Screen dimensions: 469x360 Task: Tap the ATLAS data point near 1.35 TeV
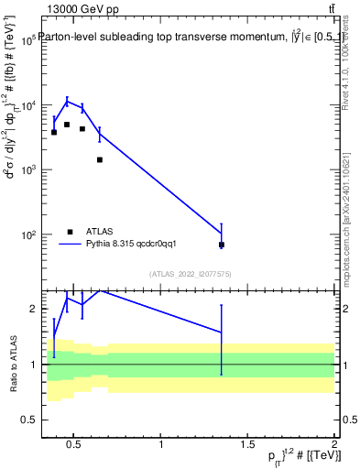click(x=222, y=245)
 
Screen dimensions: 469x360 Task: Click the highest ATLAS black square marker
click(x=67, y=125)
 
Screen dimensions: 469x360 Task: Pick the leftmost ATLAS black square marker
click(x=54, y=132)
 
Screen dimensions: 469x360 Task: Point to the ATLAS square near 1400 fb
click(x=100, y=159)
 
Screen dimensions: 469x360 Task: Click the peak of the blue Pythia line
click(x=67, y=100)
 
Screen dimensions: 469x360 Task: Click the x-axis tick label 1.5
click(x=247, y=445)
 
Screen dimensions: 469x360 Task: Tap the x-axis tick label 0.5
click(x=75, y=445)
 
